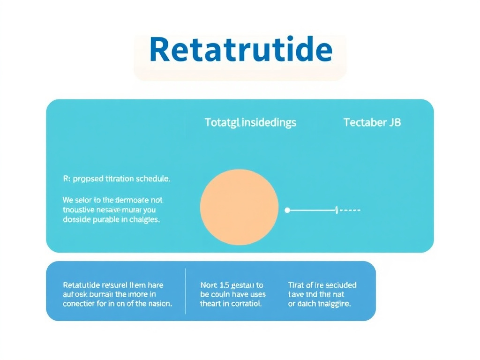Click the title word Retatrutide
tap(240, 50)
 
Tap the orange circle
tap(239, 207)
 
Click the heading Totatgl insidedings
tap(250, 123)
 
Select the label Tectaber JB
tap(372, 123)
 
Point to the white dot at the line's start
tap(287, 210)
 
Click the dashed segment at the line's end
tap(350, 210)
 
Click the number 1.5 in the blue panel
tap(222, 285)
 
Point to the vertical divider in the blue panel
tap(186, 291)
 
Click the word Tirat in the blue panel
tap(296, 285)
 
